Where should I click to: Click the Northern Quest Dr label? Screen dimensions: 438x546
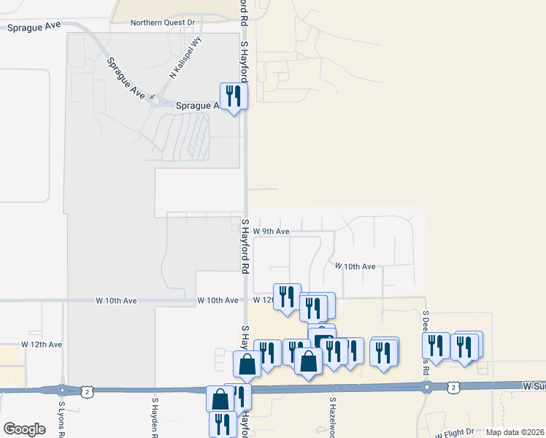click(163, 23)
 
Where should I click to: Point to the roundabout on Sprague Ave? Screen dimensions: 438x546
click(155, 101)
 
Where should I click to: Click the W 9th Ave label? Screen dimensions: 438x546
click(271, 231)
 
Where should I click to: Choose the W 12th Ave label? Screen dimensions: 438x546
click(42, 343)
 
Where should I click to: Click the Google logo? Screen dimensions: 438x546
click(24, 429)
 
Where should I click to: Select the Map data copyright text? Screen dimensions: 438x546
click(515, 432)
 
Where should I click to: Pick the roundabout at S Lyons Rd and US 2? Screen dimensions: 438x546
click(62, 391)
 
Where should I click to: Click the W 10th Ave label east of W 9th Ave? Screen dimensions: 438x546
click(355, 266)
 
